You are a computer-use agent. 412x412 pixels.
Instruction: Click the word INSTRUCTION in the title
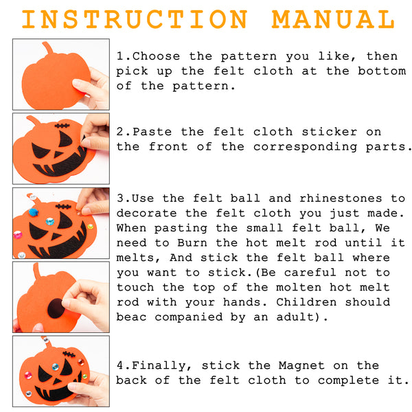click(x=135, y=19)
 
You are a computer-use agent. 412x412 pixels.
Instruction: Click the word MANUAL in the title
click(x=333, y=19)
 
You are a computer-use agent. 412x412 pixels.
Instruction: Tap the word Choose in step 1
click(x=156, y=56)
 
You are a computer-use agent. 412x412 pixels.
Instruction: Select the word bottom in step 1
click(x=382, y=71)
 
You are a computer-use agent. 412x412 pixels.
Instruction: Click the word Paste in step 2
click(x=152, y=132)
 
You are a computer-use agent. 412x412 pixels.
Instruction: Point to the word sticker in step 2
click(x=329, y=132)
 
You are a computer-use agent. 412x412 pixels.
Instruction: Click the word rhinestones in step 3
click(x=341, y=198)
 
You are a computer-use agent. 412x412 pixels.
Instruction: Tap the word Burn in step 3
click(x=192, y=242)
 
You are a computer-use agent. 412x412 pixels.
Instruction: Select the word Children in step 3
click(x=306, y=302)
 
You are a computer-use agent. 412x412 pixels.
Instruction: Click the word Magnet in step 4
click(x=301, y=365)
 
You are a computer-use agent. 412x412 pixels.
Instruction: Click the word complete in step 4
click(x=348, y=380)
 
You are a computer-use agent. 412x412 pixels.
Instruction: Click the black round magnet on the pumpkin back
click(x=56, y=308)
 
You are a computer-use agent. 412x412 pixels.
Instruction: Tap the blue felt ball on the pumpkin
click(x=34, y=212)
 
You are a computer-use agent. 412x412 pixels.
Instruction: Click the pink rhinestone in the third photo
click(x=18, y=234)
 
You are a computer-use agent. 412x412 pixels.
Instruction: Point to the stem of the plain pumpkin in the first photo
click(x=48, y=48)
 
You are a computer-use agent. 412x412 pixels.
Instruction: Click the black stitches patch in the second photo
click(x=62, y=126)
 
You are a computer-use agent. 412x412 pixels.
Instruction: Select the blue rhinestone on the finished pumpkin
click(x=55, y=367)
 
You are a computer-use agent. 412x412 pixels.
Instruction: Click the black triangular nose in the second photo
click(x=58, y=154)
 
